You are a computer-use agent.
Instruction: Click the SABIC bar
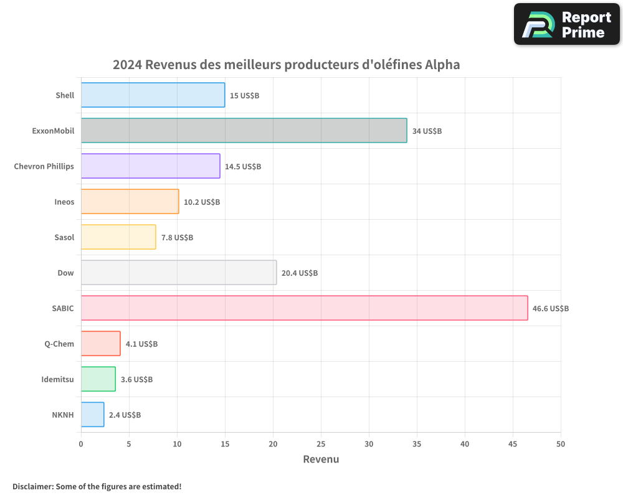[304, 308]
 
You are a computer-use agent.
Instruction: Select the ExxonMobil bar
[244, 131]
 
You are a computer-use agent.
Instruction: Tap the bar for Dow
[179, 273]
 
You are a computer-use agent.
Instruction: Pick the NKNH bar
[92, 415]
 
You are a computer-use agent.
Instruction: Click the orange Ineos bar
[130, 202]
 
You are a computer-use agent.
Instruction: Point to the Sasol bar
[118, 237]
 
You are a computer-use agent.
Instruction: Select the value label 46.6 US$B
[550, 309]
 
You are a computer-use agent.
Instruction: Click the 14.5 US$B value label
[243, 167]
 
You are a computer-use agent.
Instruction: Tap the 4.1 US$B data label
[141, 344]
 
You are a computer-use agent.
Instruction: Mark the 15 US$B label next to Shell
[244, 96]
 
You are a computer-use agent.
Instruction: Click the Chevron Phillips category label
[44, 166]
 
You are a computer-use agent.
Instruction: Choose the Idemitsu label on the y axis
[57, 379]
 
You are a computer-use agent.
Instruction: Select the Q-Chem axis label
[59, 344]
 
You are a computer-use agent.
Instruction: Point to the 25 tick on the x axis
[321, 444]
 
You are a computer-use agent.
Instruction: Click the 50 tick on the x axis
[561, 444]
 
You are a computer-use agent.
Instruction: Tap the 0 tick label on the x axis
[81, 444]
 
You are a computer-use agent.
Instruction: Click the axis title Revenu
[321, 459]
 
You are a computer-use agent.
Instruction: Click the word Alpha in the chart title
[442, 65]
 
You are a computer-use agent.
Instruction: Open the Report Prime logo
[567, 24]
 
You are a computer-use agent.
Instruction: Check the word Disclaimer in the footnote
[32, 486]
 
